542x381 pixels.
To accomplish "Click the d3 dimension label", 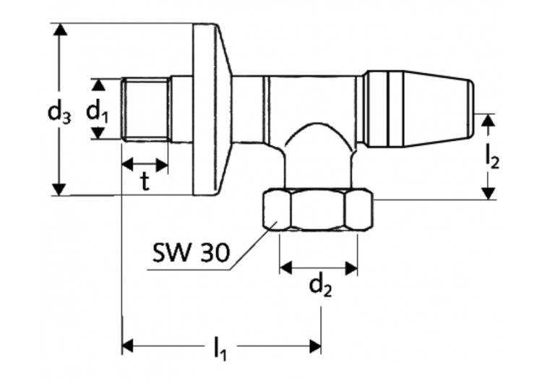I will [59, 113].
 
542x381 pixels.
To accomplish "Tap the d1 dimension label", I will [98, 111].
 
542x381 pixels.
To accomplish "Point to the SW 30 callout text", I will [192, 252].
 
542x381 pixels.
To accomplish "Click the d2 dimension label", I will [319, 286].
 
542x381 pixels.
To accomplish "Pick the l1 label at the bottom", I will [220, 350].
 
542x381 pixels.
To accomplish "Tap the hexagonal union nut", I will [317, 210].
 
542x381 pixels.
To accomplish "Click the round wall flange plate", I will [210, 108].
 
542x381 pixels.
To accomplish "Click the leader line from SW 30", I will [246, 250].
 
